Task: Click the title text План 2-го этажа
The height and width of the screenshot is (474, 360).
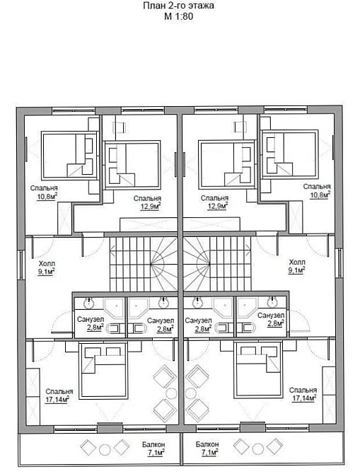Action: pyautogui.click(x=178, y=6)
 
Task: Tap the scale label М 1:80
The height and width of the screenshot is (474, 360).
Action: pyautogui.click(x=178, y=16)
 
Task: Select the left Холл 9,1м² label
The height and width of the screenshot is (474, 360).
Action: pyautogui.click(x=47, y=267)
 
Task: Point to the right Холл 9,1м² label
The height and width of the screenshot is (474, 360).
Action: pyautogui.click(x=297, y=266)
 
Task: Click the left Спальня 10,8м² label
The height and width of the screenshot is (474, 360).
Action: pyautogui.click(x=44, y=192)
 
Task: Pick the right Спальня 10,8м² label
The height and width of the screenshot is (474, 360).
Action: pyautogui.click(x=317, y=191)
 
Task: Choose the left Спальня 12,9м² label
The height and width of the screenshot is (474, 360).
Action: pyautogui.click(x=147, y=202)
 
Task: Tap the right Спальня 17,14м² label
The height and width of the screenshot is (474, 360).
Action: pyautogui.click(x=303, y=394)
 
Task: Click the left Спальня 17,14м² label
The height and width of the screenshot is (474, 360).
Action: pyautogui.click(x=59, y=395)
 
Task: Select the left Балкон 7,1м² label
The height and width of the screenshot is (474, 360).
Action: pyautogui.click(x=153, y=449)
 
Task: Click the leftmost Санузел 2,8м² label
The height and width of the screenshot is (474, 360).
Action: pyautogui.click(x=91, y=324)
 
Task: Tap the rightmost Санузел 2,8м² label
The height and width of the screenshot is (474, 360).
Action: pyautogui.click(x=271, y=320)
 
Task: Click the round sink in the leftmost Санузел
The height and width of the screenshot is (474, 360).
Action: pyautogui.click(x=89, y=303)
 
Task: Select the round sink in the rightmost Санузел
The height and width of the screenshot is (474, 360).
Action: pyautogui.click(x=272, y=301)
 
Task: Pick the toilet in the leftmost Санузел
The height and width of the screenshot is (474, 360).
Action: pyautogui.click(x=115, y=328)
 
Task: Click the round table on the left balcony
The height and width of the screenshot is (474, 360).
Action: pyautogui.click(x=105, y=450)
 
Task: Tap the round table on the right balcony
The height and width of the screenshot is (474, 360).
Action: pyautogui.click(x=258, y=449)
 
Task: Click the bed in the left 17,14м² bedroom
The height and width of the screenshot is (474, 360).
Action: pyautogui.click(x=103, y=371)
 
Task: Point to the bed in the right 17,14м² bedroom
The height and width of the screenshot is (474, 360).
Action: pyautogui.click(x=258, y=370)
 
